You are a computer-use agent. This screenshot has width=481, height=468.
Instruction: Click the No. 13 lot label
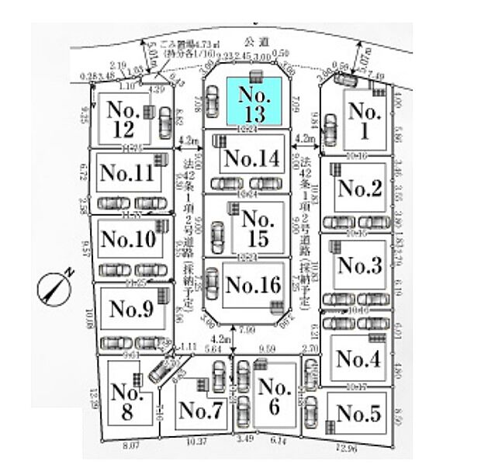pyautogui.click(x=254, y=103)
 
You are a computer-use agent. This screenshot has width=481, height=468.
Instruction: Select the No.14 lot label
pyautogui.click(x=249, y=158)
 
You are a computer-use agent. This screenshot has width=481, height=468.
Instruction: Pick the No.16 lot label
pyautogui.click(x=252, y=285)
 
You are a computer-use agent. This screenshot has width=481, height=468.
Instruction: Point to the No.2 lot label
pyautogui.click(x=361, y=187)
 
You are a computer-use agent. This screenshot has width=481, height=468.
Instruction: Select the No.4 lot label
pyautogui.click(x=359, y=359)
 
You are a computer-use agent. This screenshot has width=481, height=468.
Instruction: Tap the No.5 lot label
pyautogui.click(x=359, y=414)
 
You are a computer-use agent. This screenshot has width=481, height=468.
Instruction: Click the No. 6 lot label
pyautogui.click(x=273, y=397)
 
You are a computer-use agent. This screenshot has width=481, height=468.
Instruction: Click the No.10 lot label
pyautogui.click(x=128, y=238)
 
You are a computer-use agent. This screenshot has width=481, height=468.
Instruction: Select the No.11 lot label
pyautogui.click(x=127, y=172)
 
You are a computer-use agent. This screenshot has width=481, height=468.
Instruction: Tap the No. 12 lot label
pyautogui.click(x=123, y=118)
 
